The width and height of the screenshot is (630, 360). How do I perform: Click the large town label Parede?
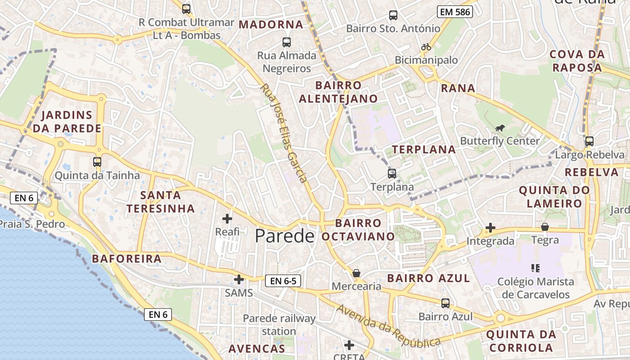click(x=284, y=236)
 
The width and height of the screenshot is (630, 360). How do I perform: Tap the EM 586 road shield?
click(x=454, y=12)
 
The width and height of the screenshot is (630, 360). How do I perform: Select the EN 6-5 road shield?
click(x=283, y=281)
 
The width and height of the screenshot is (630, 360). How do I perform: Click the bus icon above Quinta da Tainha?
click(x=97, y=162)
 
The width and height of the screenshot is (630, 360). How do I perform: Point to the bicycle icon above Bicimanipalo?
click(x=426, y=47)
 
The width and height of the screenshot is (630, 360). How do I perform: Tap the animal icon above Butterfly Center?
click(x=499, y=128)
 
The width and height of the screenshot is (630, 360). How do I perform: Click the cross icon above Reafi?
click(x=227, y=219)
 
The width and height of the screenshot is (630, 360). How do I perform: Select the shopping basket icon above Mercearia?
click(x=356, y=273)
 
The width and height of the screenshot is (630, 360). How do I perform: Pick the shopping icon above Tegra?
click(x=545, y=227)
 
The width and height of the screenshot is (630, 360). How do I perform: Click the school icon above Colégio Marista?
click(x=535, y=269)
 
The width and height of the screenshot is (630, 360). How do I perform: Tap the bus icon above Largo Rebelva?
click(x=589, y=141)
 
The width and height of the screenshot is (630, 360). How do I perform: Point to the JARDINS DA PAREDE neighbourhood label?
click(x=67, y=121)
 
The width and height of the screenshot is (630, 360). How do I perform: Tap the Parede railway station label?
click(x=279, y=324)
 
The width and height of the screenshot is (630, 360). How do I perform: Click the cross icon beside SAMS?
click(x=239, y=279)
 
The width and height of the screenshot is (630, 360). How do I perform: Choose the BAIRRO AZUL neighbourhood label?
click(x=428, y=278)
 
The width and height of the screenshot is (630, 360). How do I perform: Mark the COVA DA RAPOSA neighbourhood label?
click(x=577, y=61)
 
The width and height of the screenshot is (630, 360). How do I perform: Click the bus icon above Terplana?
click(x=392, y=174)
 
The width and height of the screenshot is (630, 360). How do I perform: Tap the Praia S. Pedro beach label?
click(x=31, y=224)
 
